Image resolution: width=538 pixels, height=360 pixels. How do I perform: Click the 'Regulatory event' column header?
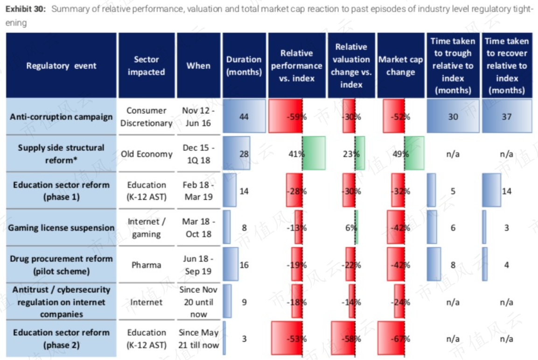61,65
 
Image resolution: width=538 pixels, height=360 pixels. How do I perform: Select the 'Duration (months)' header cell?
244,65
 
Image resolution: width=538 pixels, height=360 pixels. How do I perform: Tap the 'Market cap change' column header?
400,65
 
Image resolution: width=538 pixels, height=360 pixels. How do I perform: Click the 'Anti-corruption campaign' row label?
61,117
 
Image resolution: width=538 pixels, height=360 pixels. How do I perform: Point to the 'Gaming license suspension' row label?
61,227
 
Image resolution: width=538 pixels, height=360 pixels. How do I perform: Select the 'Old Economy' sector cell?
147,154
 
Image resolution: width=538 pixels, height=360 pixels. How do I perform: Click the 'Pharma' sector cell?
147,265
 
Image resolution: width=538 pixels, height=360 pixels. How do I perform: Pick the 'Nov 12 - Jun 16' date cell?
198,117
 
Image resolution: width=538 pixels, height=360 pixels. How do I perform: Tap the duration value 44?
244,117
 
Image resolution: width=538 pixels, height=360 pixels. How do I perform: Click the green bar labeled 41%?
314,153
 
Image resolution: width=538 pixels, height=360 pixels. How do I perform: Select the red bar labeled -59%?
286,116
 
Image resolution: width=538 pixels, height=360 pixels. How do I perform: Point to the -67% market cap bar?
391,338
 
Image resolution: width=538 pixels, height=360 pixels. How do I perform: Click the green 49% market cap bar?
414,153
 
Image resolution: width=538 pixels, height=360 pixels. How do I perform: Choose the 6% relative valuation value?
351,228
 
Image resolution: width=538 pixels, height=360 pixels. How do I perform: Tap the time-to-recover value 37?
506,117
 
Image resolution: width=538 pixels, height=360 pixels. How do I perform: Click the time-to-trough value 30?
453,117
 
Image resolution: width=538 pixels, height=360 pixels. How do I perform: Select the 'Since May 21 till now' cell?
198,339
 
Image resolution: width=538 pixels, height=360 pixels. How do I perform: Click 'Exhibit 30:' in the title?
25,8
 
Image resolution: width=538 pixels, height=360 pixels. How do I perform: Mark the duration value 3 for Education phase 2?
244,339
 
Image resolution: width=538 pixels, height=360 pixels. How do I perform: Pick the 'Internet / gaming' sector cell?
147,228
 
